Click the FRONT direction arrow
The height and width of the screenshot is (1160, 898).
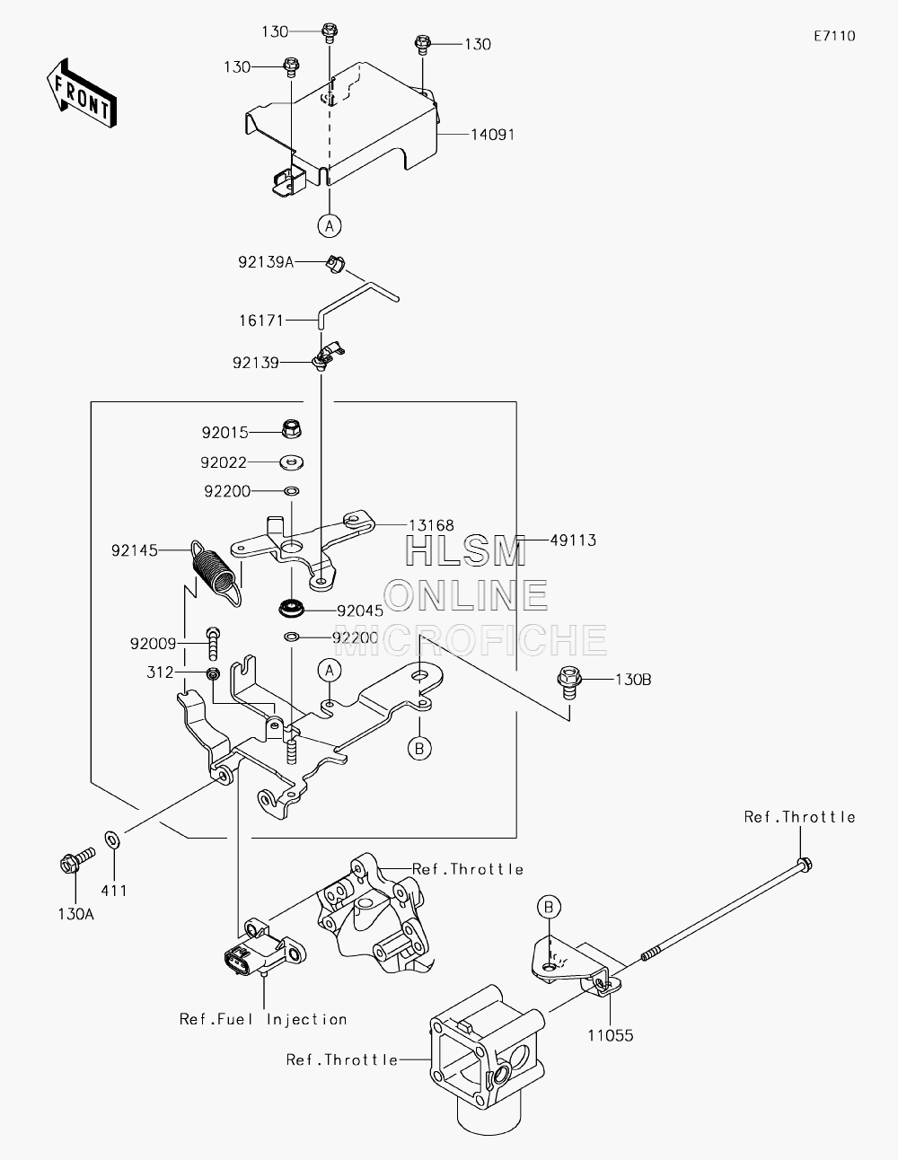click(x=81, y=92)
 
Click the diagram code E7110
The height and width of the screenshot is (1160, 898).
click(x=834, y=36)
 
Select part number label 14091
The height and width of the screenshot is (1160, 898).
click(x=492, y=135)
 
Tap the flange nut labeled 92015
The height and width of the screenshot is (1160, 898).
click(x=291, y=428)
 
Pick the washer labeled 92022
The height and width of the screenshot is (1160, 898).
click(x=292, y=462)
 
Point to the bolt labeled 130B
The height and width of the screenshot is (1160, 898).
click(x=569, y=681)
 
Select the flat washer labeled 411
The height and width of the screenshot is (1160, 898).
click(x=113, y=839)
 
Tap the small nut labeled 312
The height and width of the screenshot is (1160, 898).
click(x=213, y=673)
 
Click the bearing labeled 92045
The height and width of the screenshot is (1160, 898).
click(x=292, y=609)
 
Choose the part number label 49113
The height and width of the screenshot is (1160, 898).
click(x=573, y=540)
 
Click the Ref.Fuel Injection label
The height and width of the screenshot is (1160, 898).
click(x=263, y=1019)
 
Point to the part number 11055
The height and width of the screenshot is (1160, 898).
click(x=611, y=1035)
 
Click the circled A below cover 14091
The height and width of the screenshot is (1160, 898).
click(x=330, y=226)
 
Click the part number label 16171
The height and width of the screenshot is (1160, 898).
click(x=261, y=321)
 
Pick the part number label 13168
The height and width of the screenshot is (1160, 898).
click(x=431, y=525)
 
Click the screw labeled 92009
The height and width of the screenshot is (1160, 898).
click(x=213, y=644)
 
